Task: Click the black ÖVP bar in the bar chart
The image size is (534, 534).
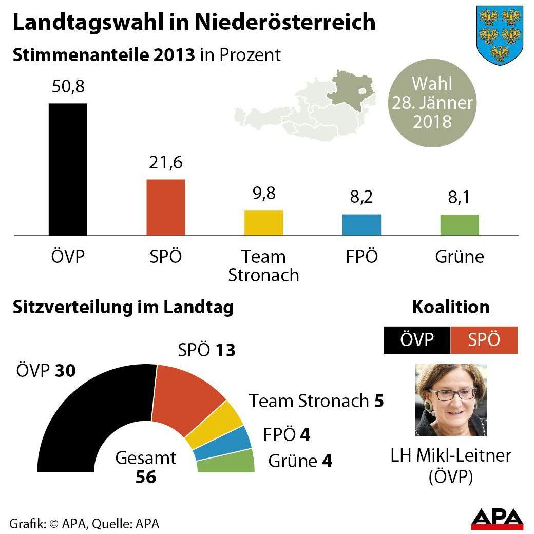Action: [x=68, y=169]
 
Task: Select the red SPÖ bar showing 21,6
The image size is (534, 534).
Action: [x=166, y=207]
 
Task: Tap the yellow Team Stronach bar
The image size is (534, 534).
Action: [x=263, y=223]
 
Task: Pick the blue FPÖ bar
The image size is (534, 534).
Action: [x=361, y=225]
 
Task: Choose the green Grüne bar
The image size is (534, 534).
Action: [x=460, y=225]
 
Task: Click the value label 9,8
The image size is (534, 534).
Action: [x=263, y=195]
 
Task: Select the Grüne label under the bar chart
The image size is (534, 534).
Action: [x=460, y=256]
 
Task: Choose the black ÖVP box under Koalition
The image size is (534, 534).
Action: [x=416, y=340]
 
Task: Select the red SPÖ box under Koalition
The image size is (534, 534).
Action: [x=484, y=340]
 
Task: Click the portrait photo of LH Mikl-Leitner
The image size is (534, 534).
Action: [x=451, y=399]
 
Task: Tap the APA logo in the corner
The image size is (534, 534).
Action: [x=497, y=519]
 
